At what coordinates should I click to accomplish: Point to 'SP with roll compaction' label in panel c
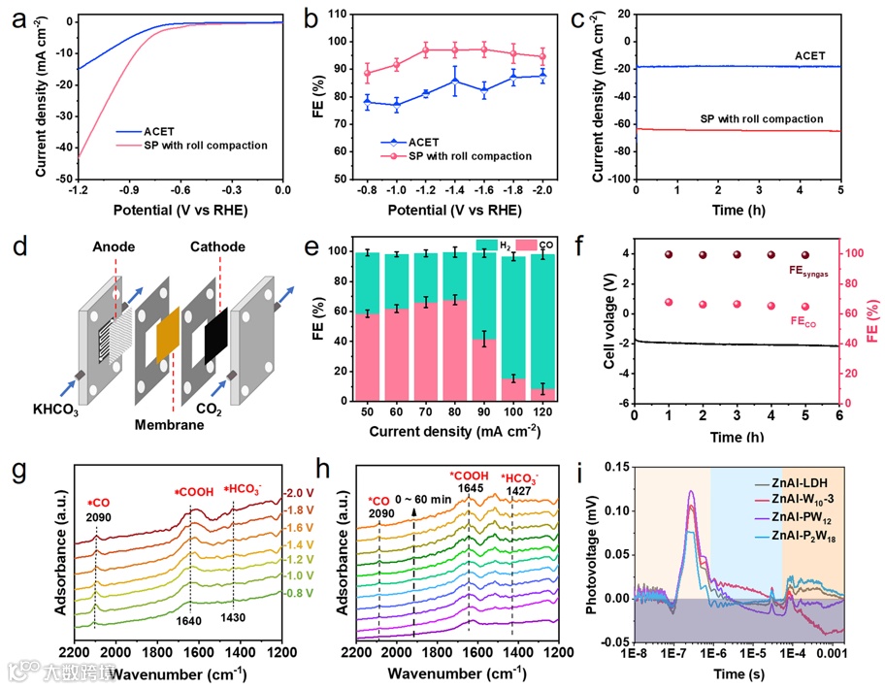[762, 118]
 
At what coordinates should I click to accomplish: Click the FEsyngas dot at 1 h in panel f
[669, 254]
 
